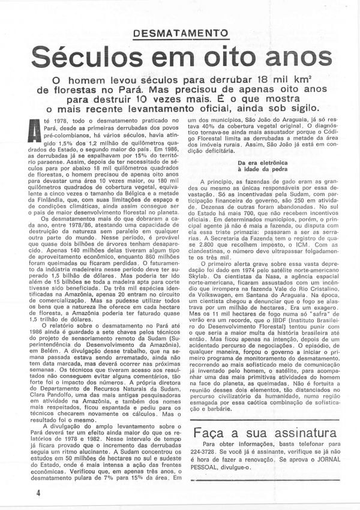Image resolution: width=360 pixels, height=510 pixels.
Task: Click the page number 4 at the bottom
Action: [x=21, y=493]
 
